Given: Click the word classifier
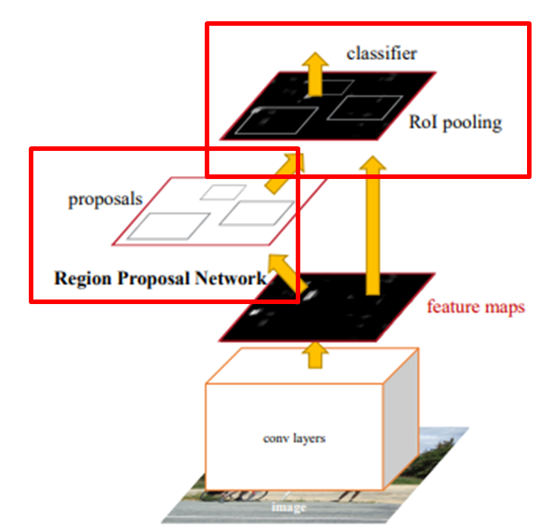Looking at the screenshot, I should click(381, 54).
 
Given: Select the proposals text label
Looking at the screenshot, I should click(105, 200).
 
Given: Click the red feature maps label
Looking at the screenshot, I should click(475, 307).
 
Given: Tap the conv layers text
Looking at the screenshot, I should click(294, 438).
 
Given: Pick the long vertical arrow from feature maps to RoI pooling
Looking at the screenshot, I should click(372, 227).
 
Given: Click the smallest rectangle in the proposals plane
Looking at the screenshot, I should click(222, 192).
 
